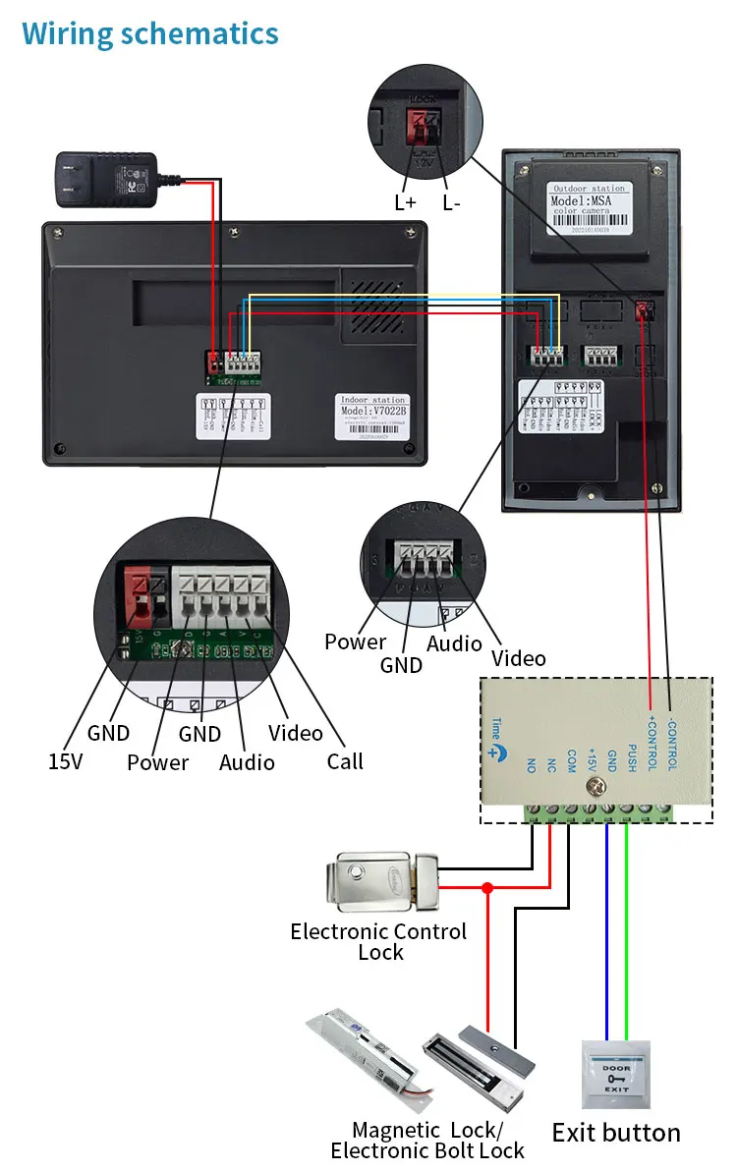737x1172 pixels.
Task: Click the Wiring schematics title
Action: click(150, 34)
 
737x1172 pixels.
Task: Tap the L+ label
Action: click(406, 203)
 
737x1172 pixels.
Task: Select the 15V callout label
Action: click(66, 760)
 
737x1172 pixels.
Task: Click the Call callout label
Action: click(345, 760)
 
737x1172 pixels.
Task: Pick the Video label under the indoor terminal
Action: click(295, 733)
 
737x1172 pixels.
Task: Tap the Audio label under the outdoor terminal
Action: click(454, 643)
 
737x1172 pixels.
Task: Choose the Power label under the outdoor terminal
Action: click(355, 642)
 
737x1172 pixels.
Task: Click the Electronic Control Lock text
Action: click(378, 941)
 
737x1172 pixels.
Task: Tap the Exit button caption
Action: click(616, 1133)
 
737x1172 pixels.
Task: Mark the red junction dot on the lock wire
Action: click(486, 888)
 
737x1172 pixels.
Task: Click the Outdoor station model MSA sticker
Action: click(590, 206)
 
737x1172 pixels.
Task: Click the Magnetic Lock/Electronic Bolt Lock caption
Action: click(427, 1141)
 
